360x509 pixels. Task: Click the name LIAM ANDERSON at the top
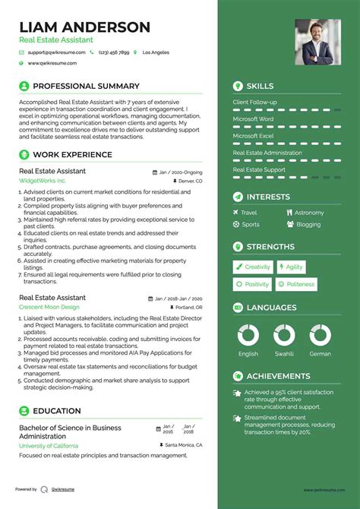84,27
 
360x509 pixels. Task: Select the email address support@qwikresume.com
56,52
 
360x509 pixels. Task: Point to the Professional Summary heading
86,86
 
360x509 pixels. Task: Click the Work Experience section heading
72,155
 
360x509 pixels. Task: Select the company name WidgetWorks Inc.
43,182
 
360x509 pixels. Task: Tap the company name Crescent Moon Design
49,307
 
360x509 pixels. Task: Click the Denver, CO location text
191,182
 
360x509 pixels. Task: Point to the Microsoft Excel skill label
254,136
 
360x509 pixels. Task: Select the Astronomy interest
309,213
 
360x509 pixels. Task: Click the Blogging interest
308,224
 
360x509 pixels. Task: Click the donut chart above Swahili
284,335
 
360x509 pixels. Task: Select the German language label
320,354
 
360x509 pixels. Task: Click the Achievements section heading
278,376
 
